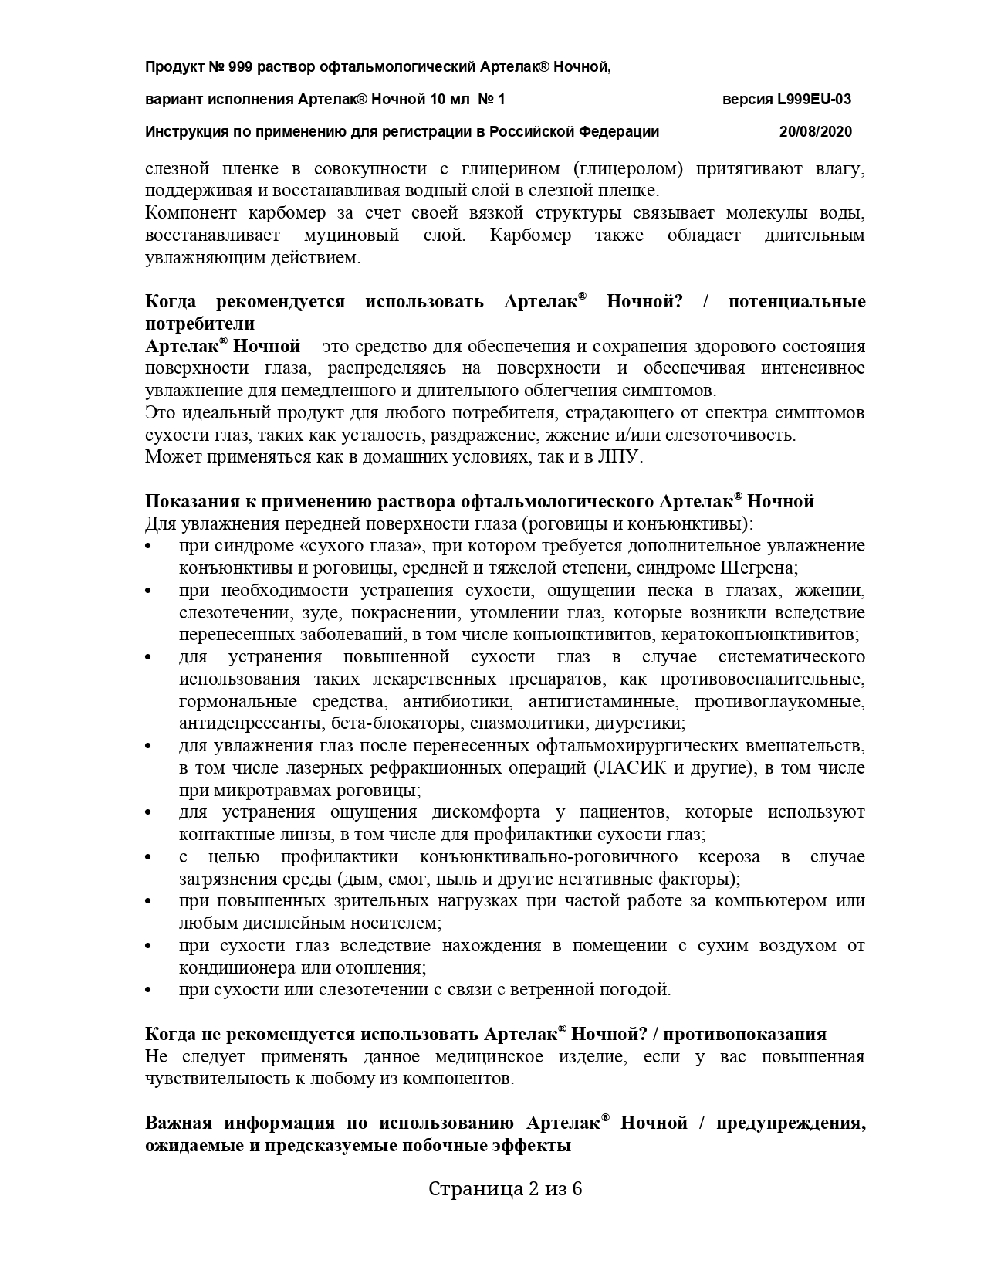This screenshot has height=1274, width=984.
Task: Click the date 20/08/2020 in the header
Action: [x=816, y=131]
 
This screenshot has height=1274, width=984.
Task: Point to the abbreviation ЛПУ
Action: [x=620, y=456]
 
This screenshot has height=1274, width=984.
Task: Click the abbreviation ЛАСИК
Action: [x=631, y=768]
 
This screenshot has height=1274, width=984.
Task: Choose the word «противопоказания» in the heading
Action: [x=750, y=1035]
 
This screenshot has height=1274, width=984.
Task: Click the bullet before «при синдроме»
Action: [x=149, y=546]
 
